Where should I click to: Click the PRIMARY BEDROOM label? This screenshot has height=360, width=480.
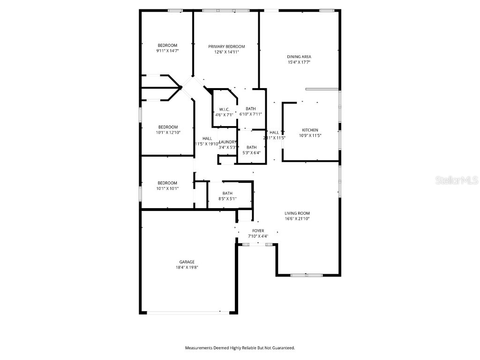click(x=226, y=46)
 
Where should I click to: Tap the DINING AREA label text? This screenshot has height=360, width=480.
click(x=299, y=57)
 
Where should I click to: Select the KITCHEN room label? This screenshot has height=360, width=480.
click(x=310, y=130)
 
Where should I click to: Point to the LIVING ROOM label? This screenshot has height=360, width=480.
click(x=297, y=213)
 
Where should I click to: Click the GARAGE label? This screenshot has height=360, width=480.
click(x=187, y=262)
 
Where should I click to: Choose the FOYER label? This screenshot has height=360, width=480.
click(x=258, y=231)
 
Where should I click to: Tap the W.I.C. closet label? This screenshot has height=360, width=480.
click(x=224, y=110)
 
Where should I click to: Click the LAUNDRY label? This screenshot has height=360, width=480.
click(x=227, y=142)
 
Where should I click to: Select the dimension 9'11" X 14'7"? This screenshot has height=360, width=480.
click(x=167, y=51)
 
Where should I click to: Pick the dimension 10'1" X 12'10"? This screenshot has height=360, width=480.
click(x=167, y=133)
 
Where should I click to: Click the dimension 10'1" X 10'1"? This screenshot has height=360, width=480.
click(x=167, y=188)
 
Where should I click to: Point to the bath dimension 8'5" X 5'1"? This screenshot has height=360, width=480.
click(x=227, y=199)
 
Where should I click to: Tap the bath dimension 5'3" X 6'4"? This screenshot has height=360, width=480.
click(x=251, y=152)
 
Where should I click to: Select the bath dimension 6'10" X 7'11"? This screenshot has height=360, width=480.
click(x=251, y=114)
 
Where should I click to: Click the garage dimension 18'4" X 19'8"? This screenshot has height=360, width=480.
click(x=187, y=268)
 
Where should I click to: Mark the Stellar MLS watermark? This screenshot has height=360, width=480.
click(x=457, y=180)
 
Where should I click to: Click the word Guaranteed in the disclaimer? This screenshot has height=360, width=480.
click(x=281, y=348)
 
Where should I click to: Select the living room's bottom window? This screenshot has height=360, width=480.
click(x=305, y=275)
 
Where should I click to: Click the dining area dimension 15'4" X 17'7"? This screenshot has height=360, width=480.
click(x=299, y=62)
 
